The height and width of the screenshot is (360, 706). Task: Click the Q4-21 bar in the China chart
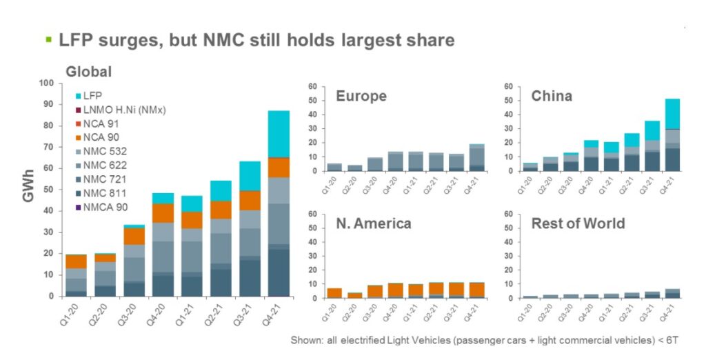point(667,134)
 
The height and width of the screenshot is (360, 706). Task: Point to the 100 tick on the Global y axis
point(46,83)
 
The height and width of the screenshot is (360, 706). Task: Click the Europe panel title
point(361,96)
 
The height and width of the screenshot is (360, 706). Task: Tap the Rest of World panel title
point(578,223)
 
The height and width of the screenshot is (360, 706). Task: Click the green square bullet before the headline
point(48,39)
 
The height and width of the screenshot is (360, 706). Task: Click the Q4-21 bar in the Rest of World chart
point(667,294)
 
